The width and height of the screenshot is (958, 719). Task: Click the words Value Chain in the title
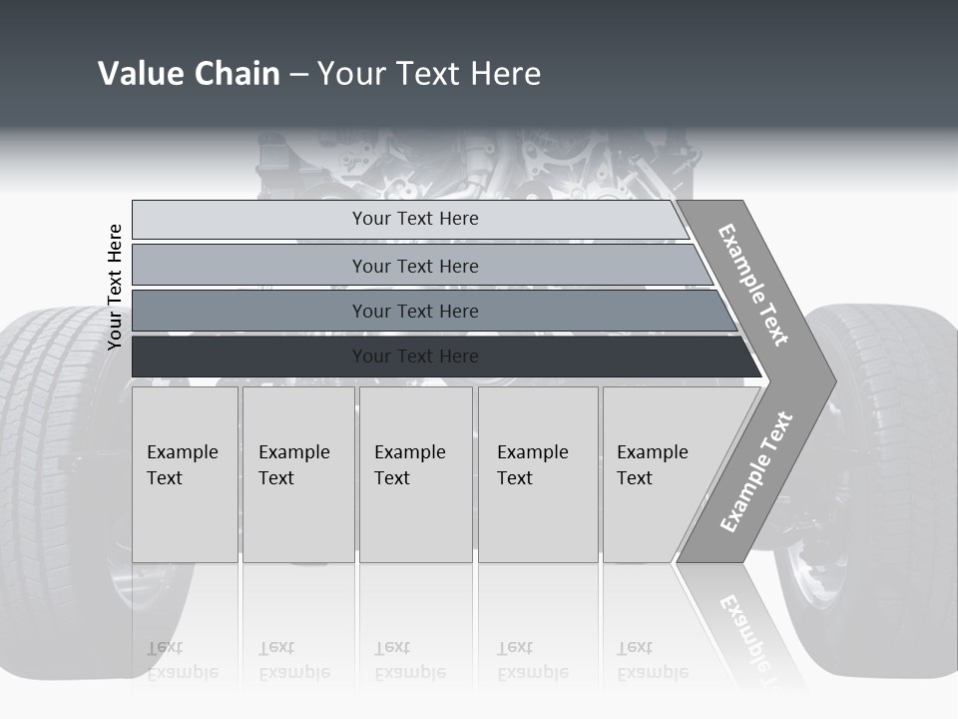[x=189, y=74]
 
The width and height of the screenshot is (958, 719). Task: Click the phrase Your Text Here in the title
[x=429, y=74]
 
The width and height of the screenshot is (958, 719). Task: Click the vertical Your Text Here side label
[x=115, y=287]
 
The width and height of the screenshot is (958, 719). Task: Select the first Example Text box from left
[x=185, y=474]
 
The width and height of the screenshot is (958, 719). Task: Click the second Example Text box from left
[x=297, y=474]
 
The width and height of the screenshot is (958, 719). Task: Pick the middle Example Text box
[x=415, y=474]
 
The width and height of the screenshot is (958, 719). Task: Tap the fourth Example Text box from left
[x=538, y=474]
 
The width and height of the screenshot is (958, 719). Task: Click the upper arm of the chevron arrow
[x=754, y=285]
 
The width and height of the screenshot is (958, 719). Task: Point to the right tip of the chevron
[x=830, y=380]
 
